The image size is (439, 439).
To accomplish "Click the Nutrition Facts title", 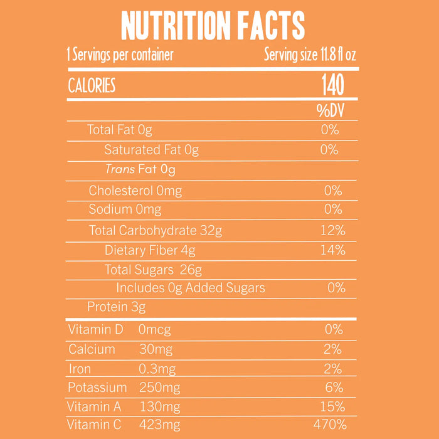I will point(213,26).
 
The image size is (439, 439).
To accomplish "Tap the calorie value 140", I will point(332,85).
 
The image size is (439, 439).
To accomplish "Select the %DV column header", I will point(330,111).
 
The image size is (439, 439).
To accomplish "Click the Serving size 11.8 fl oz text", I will point(310,55).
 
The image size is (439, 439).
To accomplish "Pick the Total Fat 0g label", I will point(119,130).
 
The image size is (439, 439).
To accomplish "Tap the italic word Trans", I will point(119,169).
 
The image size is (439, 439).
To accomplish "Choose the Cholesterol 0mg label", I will point(135,190).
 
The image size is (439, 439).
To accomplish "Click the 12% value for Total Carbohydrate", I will point(332,230).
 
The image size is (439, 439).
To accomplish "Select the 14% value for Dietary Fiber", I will point(332,250).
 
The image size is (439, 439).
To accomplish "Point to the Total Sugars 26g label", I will point(153,270).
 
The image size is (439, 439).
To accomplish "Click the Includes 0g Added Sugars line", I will point(191,288).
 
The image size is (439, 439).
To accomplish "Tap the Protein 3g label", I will point(116,307).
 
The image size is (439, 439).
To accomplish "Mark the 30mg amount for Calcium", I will point(156,349).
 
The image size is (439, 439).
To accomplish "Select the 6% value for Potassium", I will point(334,388).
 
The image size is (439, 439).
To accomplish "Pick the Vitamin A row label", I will point(95,406).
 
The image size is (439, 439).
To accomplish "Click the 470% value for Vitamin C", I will point(330,425).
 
